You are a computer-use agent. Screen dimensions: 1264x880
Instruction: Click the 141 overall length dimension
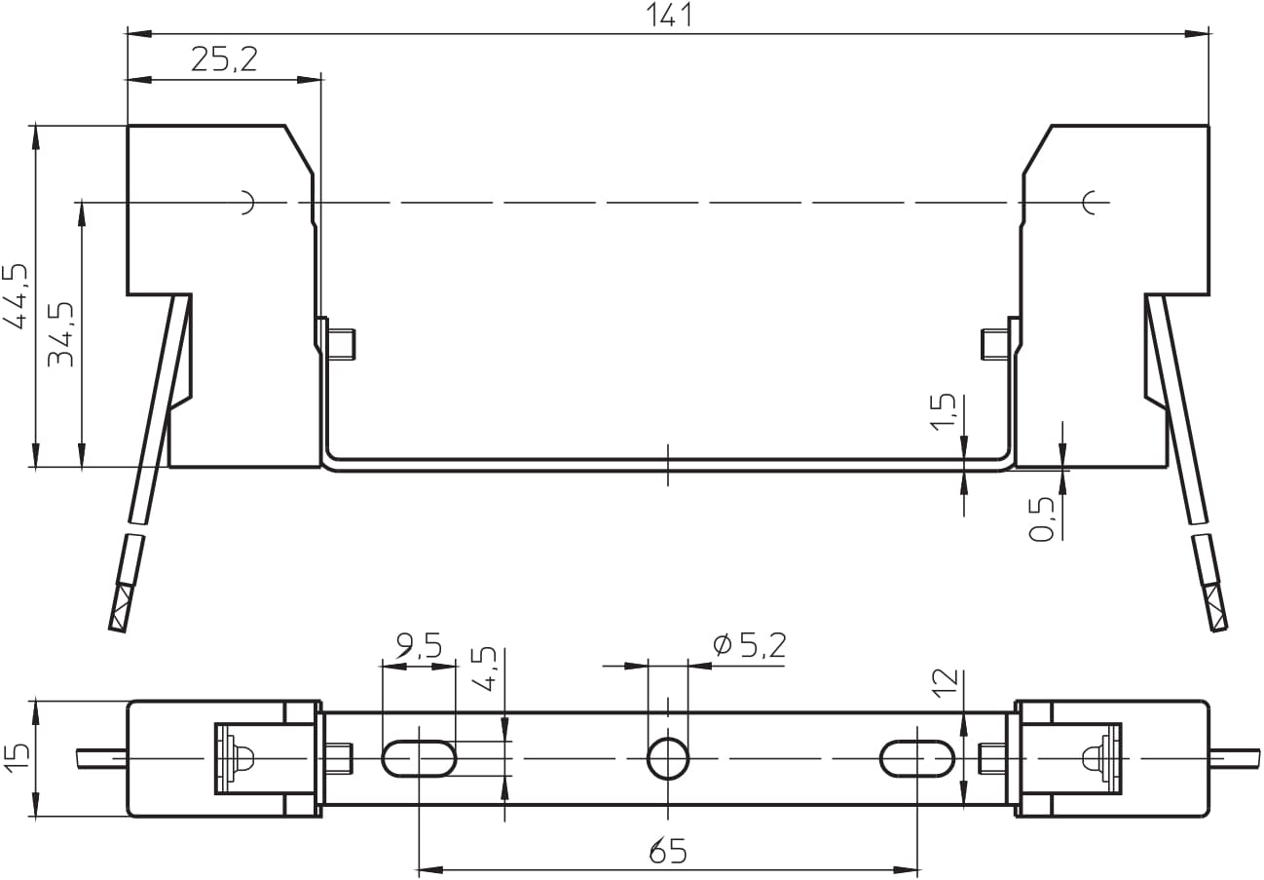(x=669, y=15)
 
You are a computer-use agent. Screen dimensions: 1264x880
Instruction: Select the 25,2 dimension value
(x=224, y=59)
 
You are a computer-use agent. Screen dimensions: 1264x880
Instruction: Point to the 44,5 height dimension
(x=16, y=295)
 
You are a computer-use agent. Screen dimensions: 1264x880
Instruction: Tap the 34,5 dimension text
(x=60, y=334)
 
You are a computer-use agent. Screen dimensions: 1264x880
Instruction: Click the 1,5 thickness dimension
(x=943, y=412)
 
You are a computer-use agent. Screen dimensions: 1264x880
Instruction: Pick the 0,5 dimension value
(x=1042, y=519)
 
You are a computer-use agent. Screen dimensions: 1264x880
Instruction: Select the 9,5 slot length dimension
(x=419, y=645)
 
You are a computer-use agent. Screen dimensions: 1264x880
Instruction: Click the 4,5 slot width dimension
(x=484, y=669)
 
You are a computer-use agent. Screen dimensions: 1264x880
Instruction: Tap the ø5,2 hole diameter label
(x=750, y=644)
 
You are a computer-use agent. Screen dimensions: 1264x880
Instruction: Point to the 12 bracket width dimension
(x=946, y=682)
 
